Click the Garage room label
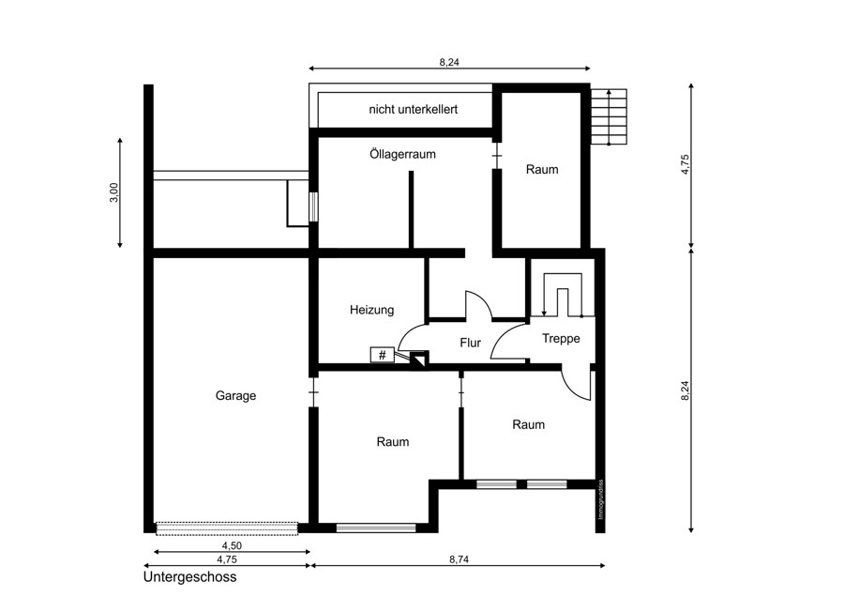point(235,396)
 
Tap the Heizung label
point(372,310)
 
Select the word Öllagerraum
point(402,154)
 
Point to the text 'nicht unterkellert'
point(413,110)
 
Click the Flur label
point(471,343)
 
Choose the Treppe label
point(561,338)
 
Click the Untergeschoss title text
point(189,577)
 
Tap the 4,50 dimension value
point(232,545)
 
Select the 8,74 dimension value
point(459,559)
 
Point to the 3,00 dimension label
point(113,192)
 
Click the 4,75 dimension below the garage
point(227,559)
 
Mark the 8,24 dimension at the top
point(449,62)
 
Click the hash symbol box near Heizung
point(383,355)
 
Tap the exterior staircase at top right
point(610,117)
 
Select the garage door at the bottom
point(227,528)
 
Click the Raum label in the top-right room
point(542,170)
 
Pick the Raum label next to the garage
point(393,442)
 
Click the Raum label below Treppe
point(529,424)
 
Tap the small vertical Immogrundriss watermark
point(601,499)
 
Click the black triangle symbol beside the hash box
point(419,360)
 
